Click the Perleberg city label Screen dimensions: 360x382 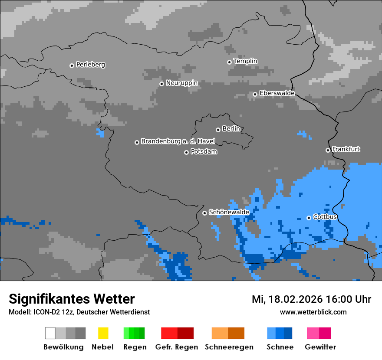[90, 65]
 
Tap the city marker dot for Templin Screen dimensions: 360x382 [229, 62]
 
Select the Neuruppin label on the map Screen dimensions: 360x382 [181, 83]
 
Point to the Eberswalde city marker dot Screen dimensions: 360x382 [255, 94]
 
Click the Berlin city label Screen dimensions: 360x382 [231, 129]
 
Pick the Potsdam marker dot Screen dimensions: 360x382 [186, 152]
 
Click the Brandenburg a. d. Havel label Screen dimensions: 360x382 [178, 141]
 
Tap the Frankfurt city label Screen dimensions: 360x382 [346, 149]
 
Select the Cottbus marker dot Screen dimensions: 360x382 [309, 218]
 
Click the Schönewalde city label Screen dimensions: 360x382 [229, 212]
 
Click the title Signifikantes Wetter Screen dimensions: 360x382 [72, 299]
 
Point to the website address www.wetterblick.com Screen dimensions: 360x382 [313, 312]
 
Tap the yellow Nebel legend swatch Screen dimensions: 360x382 [103, 333]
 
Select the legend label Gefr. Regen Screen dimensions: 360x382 [177, 347]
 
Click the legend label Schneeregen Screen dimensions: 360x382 [229, 347]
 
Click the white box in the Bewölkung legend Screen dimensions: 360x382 [50, 333]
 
